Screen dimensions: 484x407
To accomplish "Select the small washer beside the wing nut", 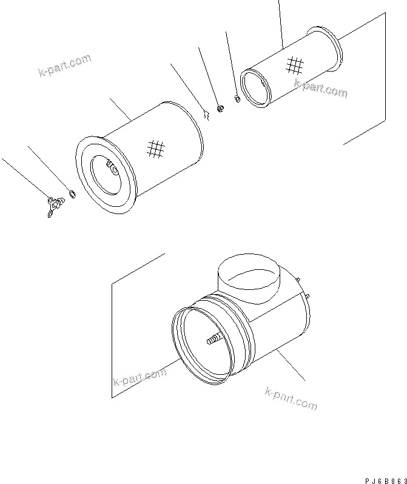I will point(72,194).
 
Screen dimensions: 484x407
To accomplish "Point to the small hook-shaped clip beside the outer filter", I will point(206,112).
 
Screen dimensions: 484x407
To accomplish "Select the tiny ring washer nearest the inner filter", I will point(237,98).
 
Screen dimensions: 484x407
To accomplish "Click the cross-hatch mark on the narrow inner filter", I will point(294,64).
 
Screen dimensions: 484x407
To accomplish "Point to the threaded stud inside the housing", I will point(214,341).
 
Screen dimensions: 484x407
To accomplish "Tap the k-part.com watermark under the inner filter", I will point(321,89).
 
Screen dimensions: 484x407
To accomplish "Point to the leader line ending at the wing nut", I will point(24,176).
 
